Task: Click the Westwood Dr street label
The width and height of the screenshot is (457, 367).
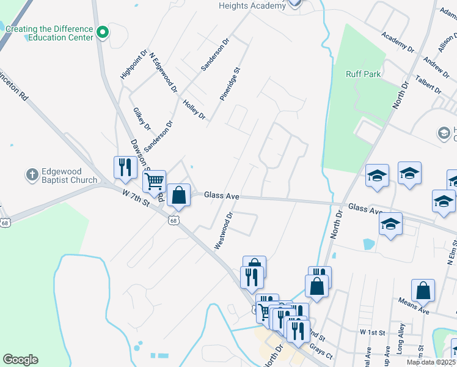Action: coord(224,231)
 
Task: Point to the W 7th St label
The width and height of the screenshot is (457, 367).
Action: coord(136,199)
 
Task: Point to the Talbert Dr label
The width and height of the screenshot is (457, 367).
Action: coord(428,83)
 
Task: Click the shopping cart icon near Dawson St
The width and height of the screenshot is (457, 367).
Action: coord(155,181)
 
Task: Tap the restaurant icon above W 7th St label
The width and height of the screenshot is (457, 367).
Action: coord(125,166)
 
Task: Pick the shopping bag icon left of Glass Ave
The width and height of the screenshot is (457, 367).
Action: coord(178,196)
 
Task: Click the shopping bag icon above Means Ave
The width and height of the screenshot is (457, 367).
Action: coord(423,291)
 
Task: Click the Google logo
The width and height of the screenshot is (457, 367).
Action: coord(20,360)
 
